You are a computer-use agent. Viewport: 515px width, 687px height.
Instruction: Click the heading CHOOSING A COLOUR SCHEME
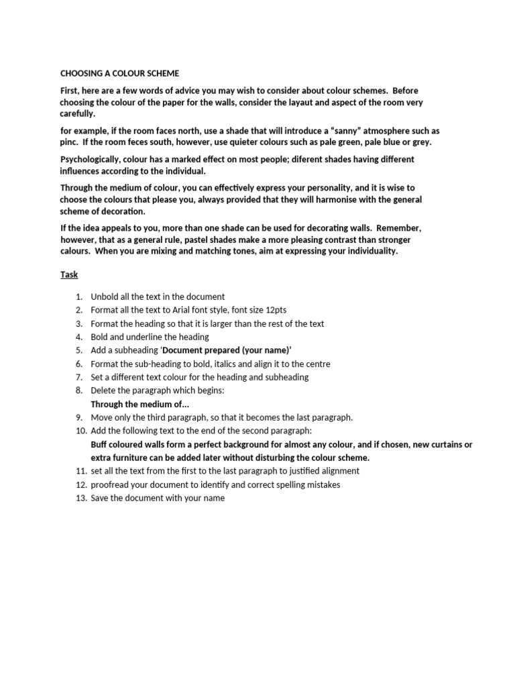(120, 73)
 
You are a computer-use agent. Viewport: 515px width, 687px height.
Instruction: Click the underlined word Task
(69, 275)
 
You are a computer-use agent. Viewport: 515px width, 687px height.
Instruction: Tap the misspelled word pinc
(70, 142)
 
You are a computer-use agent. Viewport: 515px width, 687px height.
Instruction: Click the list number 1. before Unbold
(78, 297)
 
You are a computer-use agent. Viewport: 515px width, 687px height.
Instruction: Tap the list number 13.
(81, 498)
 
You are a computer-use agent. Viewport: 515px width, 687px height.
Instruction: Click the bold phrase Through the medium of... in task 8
(140, 404)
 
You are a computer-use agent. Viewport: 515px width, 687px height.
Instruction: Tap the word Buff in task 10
(101, 444)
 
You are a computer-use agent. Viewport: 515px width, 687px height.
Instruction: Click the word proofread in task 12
(111, 485)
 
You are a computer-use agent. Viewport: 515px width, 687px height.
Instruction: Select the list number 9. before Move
(78, 417)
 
